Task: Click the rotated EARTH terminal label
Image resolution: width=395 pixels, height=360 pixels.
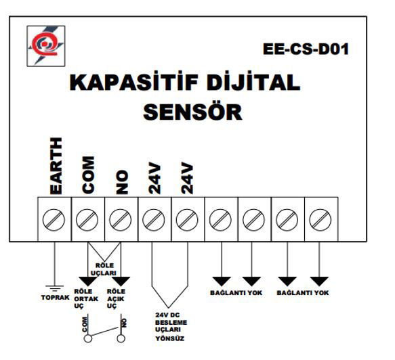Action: [56, 166]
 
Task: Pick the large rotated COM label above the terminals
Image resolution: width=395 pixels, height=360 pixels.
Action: [89, 173]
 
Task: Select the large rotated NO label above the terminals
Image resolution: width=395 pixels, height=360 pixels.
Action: [122, 181]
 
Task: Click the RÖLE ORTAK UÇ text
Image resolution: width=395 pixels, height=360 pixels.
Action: [83, 298]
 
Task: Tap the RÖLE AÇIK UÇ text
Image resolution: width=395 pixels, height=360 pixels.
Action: [116, 298]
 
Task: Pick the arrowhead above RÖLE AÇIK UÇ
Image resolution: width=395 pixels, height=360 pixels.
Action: [121, 280]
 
